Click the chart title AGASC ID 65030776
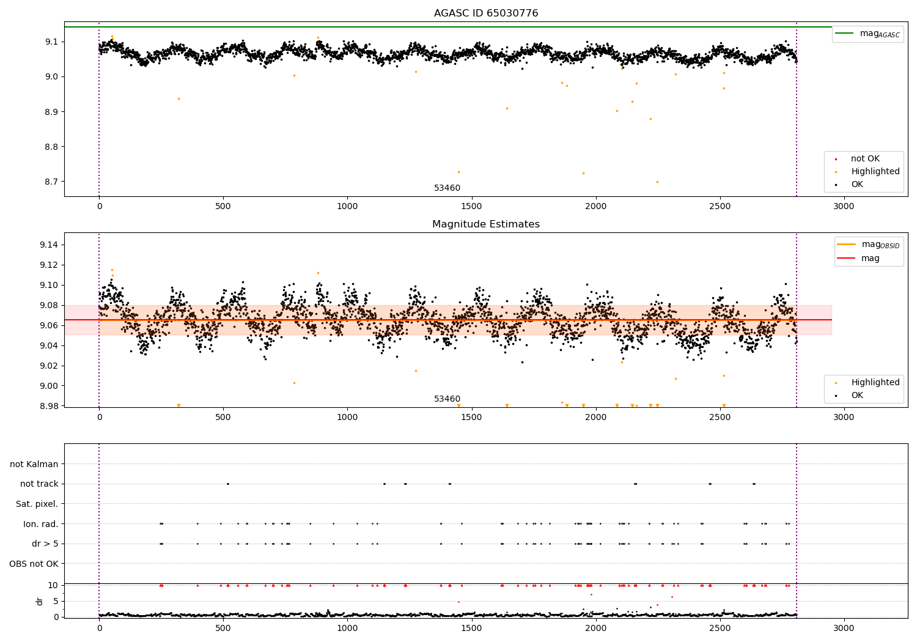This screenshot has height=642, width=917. point(486,13)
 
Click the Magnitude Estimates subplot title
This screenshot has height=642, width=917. point(486,224)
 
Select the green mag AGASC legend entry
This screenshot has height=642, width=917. point(867,34)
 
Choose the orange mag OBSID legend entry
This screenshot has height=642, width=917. point(868,245)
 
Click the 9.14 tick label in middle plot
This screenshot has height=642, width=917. point(49,245)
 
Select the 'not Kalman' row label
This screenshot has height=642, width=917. point(34,464)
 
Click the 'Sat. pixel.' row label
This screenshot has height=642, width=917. point(37,504)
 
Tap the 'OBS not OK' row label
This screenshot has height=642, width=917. point(34,564)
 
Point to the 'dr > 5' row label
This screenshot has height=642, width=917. point(45,544)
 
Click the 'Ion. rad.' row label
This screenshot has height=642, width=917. point(40,523)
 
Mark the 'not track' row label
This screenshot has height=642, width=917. point(39,484)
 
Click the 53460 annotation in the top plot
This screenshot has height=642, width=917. point(447,188)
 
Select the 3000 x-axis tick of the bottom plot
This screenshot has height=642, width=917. point(844,628)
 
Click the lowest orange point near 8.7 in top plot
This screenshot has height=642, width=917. point(657,182)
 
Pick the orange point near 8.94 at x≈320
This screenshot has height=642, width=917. point(179,98)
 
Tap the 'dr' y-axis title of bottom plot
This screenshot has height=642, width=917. point(39,601)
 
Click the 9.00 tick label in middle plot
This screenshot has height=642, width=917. point(49,386)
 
